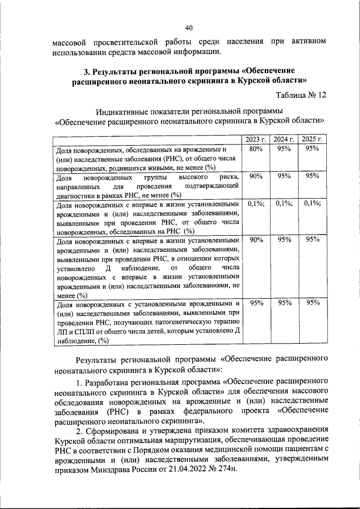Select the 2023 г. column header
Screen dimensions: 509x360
tap(256, 139)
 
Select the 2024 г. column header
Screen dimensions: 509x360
tap(284, 139)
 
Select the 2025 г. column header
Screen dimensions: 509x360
tap(312, 139)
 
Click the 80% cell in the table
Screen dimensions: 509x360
tap(256, 148)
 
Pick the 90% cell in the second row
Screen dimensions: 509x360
tap(256, 176)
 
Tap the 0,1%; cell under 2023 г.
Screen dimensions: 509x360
tap(256, 204)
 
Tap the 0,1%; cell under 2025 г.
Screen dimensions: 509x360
tap(312, 204)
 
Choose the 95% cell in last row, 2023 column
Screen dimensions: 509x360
tap(256, 303)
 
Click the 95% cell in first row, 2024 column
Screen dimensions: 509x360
tap(284, 148)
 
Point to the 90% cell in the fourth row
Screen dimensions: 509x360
tap(256, 240)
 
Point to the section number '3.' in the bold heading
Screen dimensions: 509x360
tap(87, 72)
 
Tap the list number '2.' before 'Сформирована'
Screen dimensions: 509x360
tap(79, 429)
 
